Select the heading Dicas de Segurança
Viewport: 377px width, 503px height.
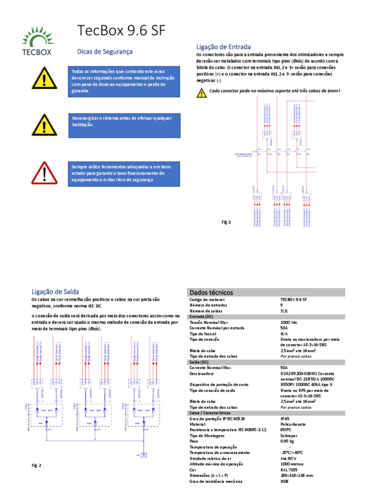pos(105,52)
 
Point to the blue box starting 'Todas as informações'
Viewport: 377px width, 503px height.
pos(123,81)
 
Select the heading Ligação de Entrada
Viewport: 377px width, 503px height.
pos(223,46)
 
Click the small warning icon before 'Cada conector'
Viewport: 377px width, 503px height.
pos(201,92)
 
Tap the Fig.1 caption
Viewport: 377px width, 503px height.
pos(226,222)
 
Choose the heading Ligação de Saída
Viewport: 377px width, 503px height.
pos(55,291)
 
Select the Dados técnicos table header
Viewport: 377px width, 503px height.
pos(211,292)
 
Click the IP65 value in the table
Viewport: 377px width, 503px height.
pos(284,418)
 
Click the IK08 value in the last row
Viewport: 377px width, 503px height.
pos(285,482)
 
